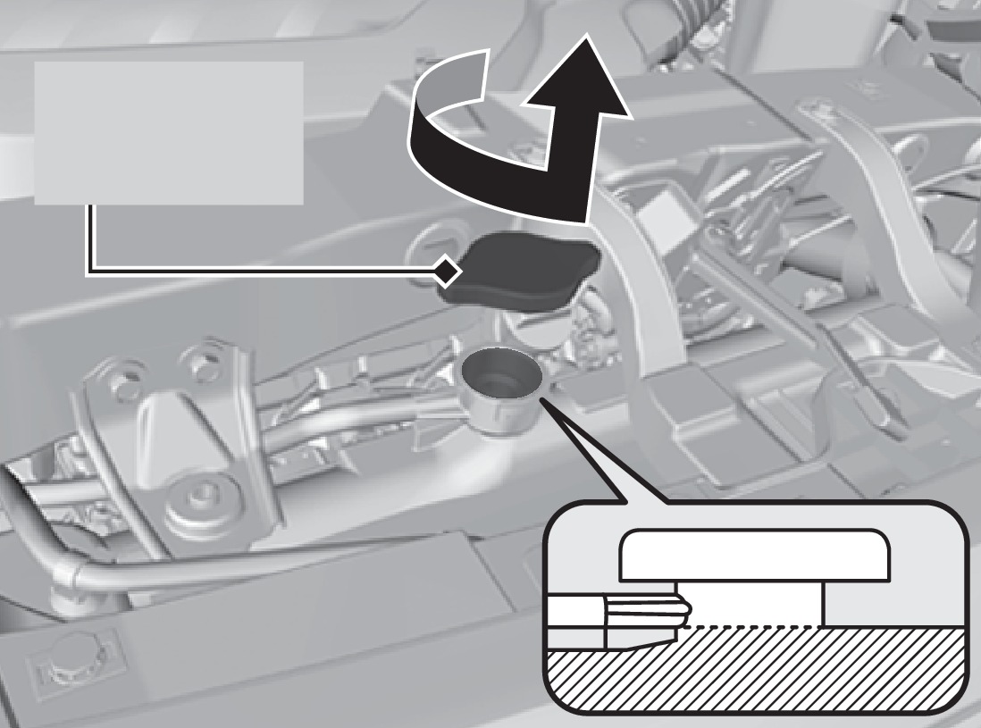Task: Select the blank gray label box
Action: point(169,132)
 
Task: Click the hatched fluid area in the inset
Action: point(756,675)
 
